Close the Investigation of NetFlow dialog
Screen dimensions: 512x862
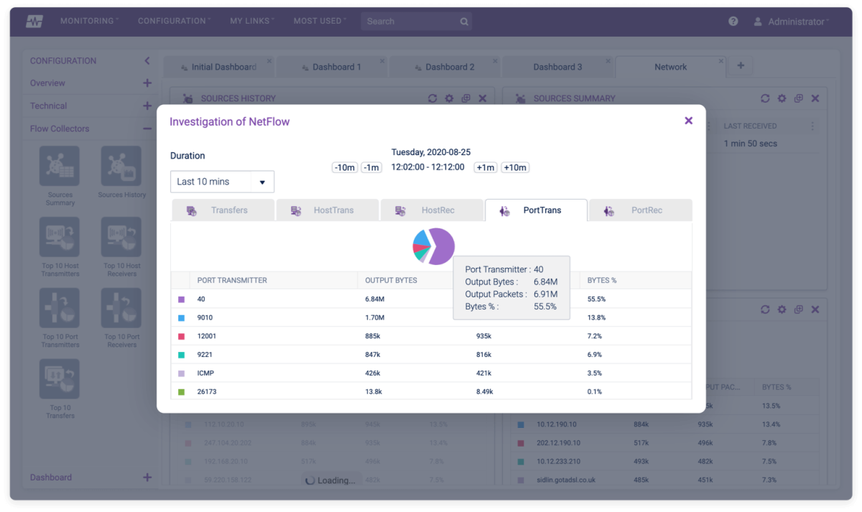click(x=688, y=121)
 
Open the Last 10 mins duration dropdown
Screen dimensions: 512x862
click(x=222, y=182)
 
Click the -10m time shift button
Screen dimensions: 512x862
click(x=345, y=167)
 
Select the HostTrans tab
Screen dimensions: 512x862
click(x=328, y=210)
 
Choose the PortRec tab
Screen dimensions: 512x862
click(x=640, y=210)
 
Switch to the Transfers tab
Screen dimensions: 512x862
click(x=223, y=210)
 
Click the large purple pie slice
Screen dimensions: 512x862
click(x=444, y=246)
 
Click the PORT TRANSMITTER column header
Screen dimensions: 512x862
click(x=232, y=280)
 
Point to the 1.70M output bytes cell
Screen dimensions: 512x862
click(x=375, y=317)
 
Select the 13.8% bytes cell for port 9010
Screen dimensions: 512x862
click(x=596, y=317)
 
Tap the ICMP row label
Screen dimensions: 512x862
click(x=205, y=373)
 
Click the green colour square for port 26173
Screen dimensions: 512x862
click(x=181, y=392)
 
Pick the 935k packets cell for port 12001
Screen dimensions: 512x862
click(x=483, y=336)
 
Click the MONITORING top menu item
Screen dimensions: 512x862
click(x=88, y=22)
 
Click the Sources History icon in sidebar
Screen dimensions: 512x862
click(x=121, y=170)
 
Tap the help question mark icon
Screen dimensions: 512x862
click(x=733, y=22)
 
